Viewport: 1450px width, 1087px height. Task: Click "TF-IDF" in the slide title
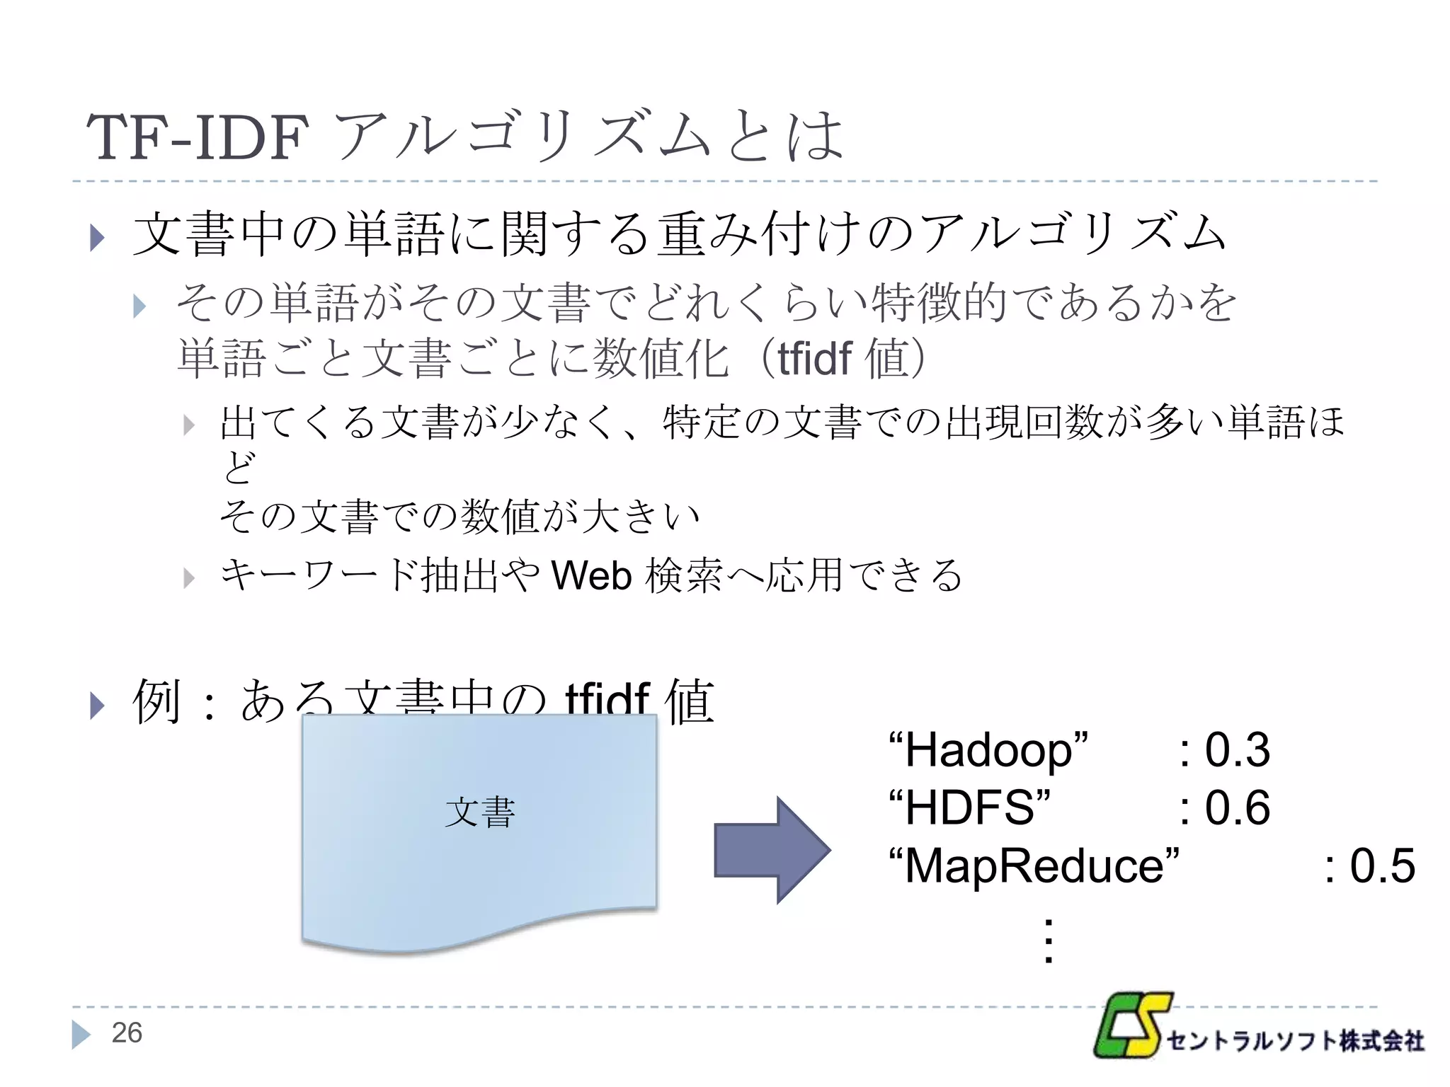[198, 137]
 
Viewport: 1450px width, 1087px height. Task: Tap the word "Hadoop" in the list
[988, 750]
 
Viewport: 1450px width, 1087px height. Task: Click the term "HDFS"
[969, 808]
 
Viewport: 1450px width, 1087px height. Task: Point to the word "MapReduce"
[1034, 866]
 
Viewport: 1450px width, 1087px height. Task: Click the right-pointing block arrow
[772, 850]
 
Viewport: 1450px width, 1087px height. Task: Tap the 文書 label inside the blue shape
[480, 812]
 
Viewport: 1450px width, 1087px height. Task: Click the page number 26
[127, 1033]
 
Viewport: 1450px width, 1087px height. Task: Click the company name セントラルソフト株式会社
[1295, 1041]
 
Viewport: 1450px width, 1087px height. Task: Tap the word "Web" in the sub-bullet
[591, 575]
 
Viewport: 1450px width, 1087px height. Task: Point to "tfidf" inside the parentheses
[814, 359]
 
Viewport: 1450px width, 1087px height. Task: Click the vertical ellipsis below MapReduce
[1049, 941]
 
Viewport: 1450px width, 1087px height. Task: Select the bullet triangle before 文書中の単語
[98, 238]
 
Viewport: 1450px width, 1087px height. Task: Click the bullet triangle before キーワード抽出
[188, 578]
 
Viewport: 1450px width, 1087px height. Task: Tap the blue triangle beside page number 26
[81, 1034]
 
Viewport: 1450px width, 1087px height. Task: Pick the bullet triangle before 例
[98, 706]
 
